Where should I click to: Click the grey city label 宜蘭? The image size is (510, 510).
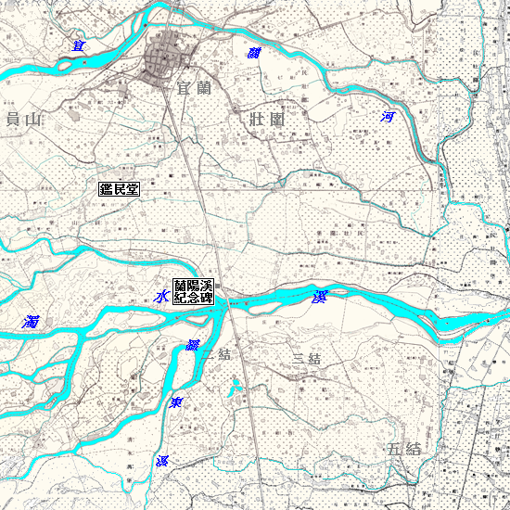(x=197, y=89)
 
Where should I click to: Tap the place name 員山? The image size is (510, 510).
(x=24, y=119)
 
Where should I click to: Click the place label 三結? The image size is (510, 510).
(x=306, y=359)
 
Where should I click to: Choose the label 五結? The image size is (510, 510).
(x=404, y=449)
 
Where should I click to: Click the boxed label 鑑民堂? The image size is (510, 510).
(x=119, y=189)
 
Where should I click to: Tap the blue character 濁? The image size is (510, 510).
(x=32, y=323)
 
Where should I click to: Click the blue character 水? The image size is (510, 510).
(x=161, y=297)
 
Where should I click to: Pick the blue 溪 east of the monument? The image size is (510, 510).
(x=320, y=297)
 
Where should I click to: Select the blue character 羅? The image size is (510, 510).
(x=193, y=346)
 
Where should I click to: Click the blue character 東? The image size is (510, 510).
(x=175, y=403)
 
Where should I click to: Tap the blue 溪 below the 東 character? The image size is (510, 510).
(x=162, y=461)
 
